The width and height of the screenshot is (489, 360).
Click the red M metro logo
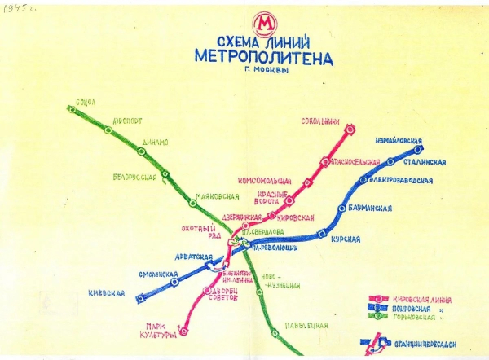coord(264,23)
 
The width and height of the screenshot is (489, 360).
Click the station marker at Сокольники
coord(349,129)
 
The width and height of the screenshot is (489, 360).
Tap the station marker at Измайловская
coord(418,149)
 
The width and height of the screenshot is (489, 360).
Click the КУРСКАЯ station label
coord(346,239)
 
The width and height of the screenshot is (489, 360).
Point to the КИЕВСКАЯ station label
coord(106,292)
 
